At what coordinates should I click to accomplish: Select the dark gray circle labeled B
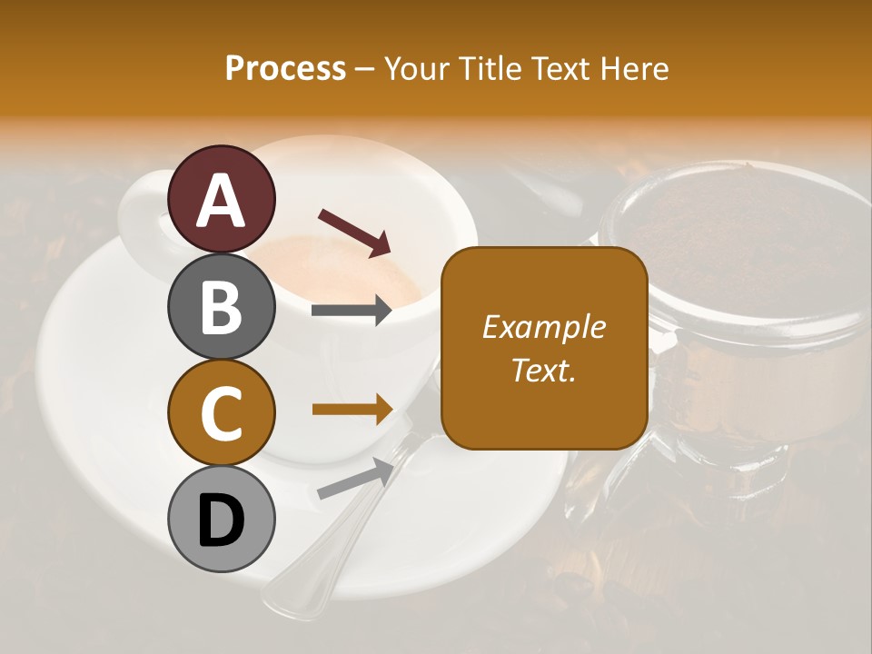222,306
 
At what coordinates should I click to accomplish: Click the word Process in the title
285,68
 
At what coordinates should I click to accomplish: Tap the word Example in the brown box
544,327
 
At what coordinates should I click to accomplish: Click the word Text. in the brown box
544,370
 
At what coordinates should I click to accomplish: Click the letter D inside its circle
222,520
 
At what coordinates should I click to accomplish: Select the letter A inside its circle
222,200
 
